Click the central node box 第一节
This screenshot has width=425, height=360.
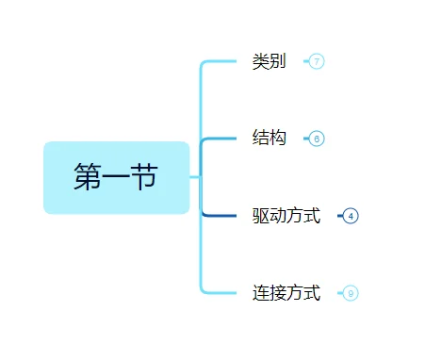116,177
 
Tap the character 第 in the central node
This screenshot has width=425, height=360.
88,177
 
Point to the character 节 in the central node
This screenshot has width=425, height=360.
144,177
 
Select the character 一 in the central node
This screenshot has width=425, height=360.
116,177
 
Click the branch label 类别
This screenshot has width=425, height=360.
269,61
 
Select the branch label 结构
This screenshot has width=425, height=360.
269,139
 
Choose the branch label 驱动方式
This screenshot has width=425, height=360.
286,216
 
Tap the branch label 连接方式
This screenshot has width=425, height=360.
286,293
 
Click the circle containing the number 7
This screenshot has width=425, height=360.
317,61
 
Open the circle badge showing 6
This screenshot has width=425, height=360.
317,139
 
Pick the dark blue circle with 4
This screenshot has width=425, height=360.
351,216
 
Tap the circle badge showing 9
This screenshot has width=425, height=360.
351,293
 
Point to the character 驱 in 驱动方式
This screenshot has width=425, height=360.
261,216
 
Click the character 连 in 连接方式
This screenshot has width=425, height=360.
261,293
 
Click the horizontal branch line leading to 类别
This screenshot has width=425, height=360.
221,61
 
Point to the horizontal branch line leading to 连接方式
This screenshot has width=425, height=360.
221,293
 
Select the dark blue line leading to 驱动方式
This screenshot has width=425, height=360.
221,216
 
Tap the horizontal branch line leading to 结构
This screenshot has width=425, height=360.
221,139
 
